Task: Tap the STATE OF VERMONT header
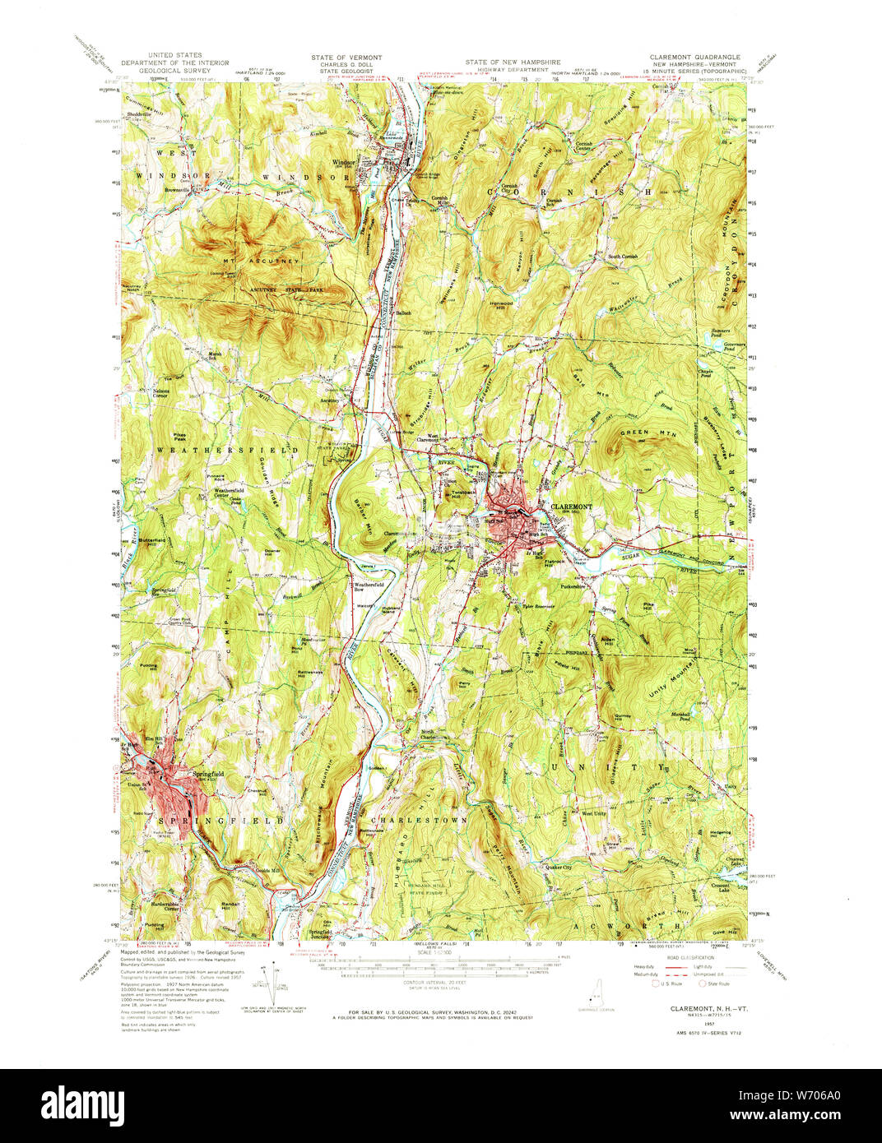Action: (x=346, y=58)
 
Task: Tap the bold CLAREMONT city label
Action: (x=571, y=507)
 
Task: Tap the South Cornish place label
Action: (x=623, y=257)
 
